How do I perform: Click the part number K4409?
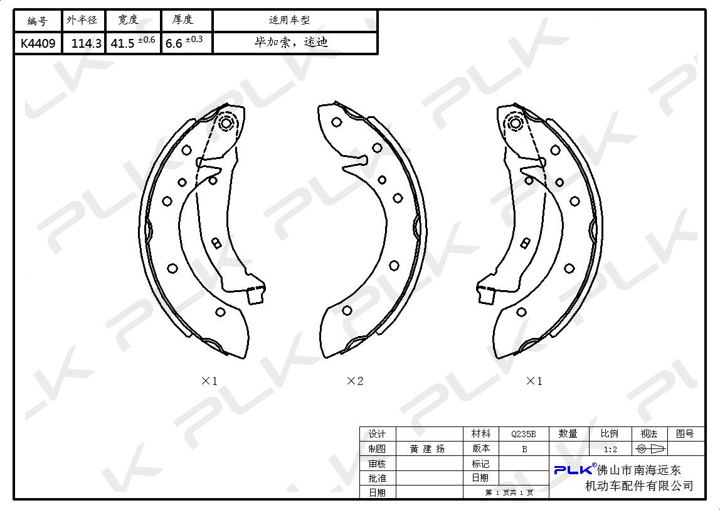coord(38,43)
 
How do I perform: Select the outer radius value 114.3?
coord(87,44)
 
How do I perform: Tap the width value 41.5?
coord(122,44)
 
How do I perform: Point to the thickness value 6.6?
coord(174,44)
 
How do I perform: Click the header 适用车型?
coord(289,20)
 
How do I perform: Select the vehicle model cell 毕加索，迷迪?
coord(292,42)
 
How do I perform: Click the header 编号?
coord(37,21)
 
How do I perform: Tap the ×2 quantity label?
coord(355,381)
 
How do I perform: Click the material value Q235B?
coord(524,433)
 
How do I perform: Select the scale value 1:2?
coord(610,449)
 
